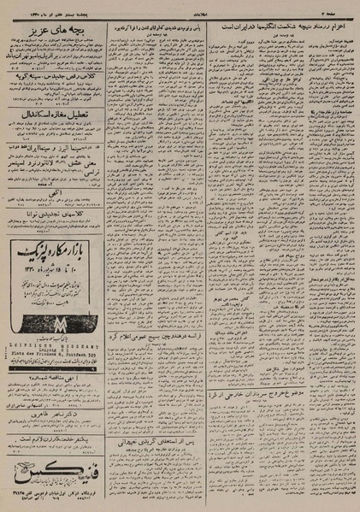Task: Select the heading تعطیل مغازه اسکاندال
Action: [53, 110]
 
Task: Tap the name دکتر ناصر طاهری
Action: [53, 412]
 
